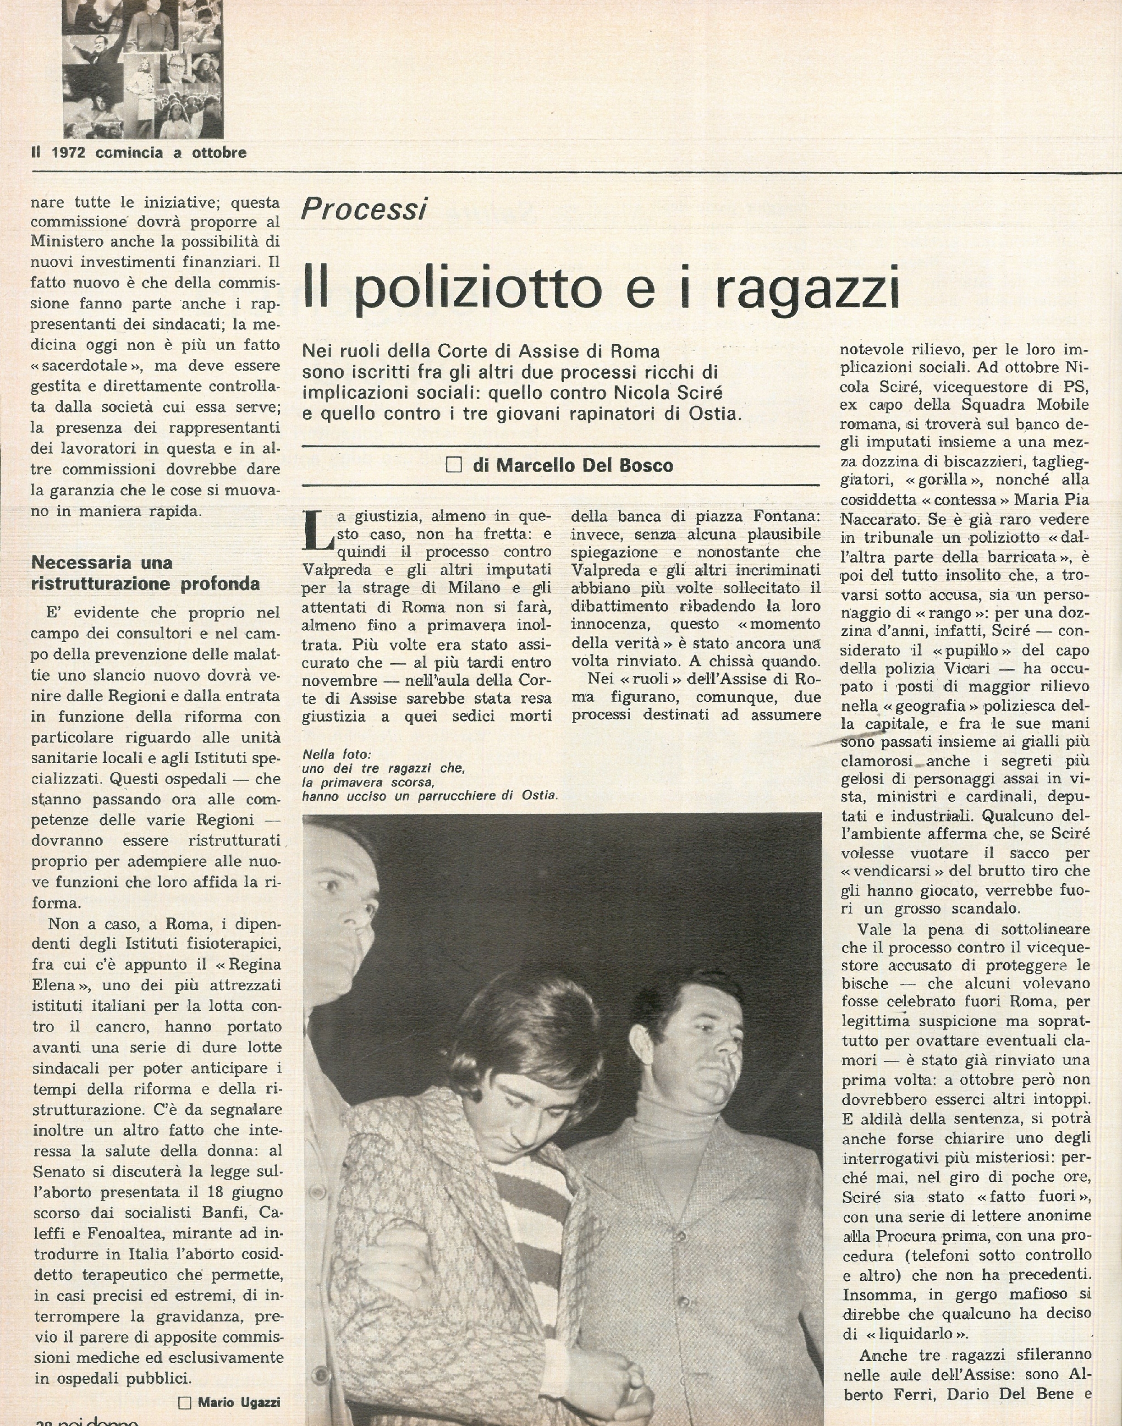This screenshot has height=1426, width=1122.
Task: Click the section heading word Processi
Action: [x=363, y=209]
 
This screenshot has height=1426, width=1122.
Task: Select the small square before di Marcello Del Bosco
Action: [x=453, y=466]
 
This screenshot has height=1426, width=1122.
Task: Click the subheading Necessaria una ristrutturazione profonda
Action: [x=145, y=573]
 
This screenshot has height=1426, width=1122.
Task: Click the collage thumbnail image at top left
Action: [x=143, y=68]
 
